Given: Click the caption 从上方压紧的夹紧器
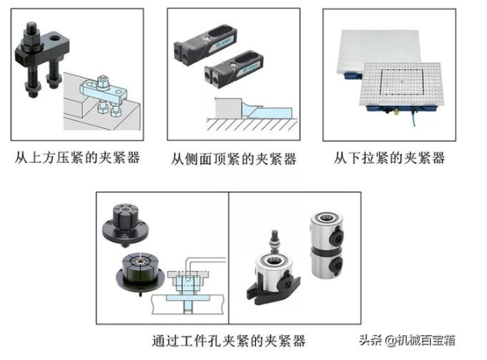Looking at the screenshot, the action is pos(77,158).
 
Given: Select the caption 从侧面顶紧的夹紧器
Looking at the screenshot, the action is pos(233,159).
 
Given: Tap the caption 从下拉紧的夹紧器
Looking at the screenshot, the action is pos(389,158).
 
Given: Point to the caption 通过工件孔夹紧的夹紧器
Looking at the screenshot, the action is pos(229,341).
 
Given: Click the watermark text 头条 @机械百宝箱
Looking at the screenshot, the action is pos(408,340).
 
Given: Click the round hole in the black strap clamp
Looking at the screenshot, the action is pos(56,38).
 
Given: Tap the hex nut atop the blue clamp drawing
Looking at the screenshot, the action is pos(102,81).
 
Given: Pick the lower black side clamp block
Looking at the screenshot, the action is pos(233,68).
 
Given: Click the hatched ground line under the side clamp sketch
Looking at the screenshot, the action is pos(252,124).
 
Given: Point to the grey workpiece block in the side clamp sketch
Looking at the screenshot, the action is pos(229,108).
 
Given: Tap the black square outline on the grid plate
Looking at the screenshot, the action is pos(401,82).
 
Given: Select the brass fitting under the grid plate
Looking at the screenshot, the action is pos(396,111).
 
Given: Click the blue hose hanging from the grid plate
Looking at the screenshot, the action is pos(415,118).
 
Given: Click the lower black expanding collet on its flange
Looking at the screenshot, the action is pos(140,273).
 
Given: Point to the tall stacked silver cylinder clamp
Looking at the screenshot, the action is pos(326,245).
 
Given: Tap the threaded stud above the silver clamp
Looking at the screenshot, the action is pos(274,241).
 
